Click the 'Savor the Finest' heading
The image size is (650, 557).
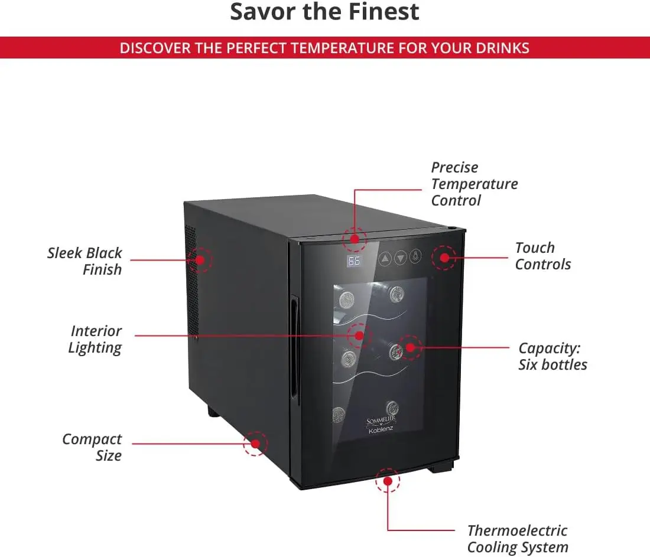pyautogui.click(x=324, y=12)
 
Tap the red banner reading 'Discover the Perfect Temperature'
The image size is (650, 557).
pyautogui.click(x=324, y=48)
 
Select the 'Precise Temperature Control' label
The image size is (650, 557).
pyautogui.click(x=474, y=184)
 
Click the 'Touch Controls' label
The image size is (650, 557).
pyautogui.click(x=542, y=256)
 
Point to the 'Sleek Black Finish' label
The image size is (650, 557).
pyautogui.click(x=84, y=261)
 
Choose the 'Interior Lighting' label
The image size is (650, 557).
pyautogui.click(x=95, y=339)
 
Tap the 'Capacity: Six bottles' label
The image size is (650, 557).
pyautogui.click(x=552, y=356)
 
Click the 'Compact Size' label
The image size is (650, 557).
pyautogui.click(x=92, y=447)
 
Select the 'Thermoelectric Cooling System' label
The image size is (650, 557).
pyautogui.click(x=517, y=539)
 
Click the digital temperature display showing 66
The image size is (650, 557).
pyautogui.click(x=354, y=261)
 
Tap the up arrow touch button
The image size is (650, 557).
pyautogui.click(x=385, y=258)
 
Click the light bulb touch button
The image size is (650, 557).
pyautogui.click(x=417, y=258)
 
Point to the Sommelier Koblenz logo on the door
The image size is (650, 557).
pyautogui.click(x=381, y=424)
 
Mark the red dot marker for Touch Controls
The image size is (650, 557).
pyautogui.click(x=444, y=258)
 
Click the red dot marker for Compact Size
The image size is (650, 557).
pyautogui.click(x=255, y=443)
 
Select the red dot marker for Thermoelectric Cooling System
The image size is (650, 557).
pyautogui.click(x=388, y=481)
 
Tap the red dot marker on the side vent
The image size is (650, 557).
pyautogui.click(x=200, y=259)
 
